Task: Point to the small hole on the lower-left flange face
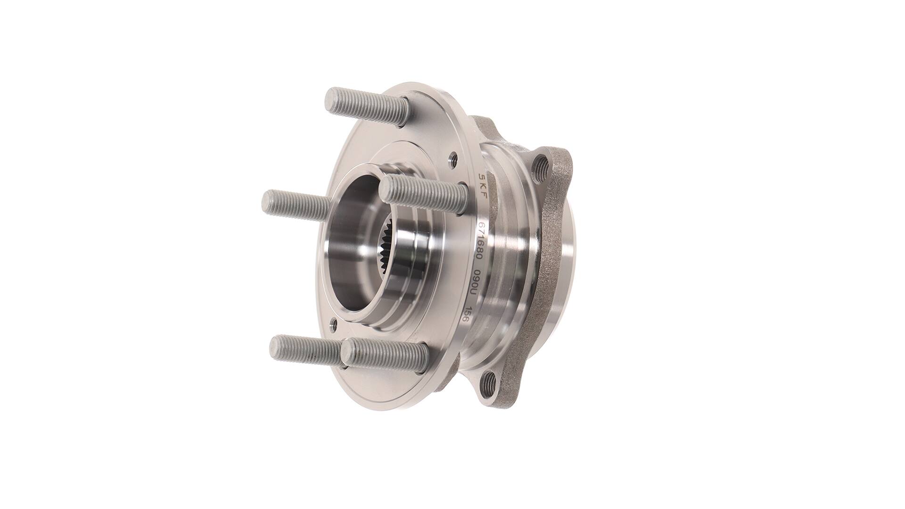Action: click(x=334, y=324)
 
